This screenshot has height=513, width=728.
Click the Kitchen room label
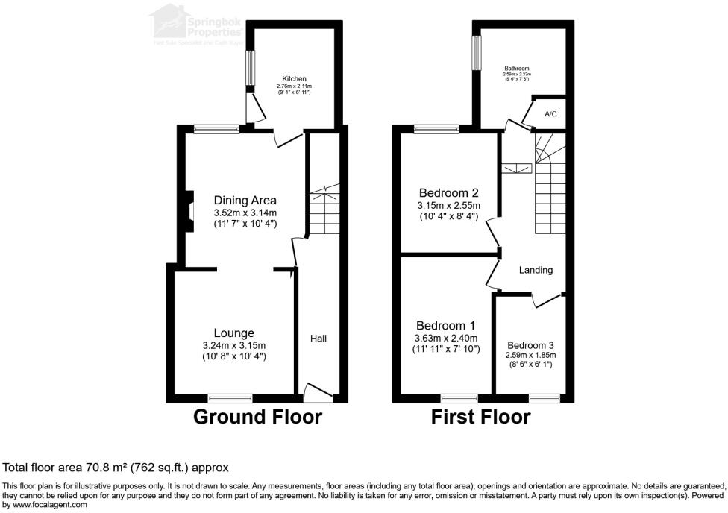(x=294, y=79)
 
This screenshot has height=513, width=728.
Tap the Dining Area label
(x=245, y=200)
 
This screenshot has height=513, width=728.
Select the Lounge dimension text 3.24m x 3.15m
(x=233, y=345)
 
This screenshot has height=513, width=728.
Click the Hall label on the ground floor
(x=318, y=339)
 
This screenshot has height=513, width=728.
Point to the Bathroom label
(x=516, y=68)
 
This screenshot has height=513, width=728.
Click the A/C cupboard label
(x=550, y=114)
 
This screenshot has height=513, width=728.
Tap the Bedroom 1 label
(x=446, y=326)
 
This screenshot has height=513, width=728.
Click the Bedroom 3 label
(x=530, y=345)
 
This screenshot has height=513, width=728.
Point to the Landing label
(x=536, y=270)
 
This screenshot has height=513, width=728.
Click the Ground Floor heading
(x=257, y=417)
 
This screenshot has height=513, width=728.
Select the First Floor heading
(x=480, y=417)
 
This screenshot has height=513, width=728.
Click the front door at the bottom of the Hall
(x=318, y=391)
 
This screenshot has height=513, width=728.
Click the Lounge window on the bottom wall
(x=229, y=397)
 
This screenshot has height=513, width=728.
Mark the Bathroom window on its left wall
(x=474, y=53)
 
